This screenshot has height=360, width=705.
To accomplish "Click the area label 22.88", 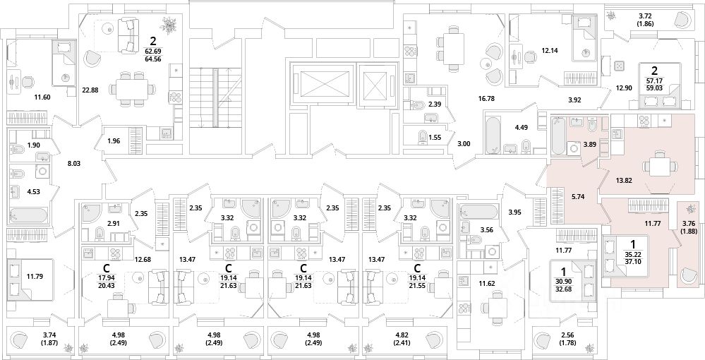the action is (91, 90).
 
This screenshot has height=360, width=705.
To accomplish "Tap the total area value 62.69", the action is (153, 50).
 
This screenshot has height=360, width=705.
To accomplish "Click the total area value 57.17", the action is (655, 80).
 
